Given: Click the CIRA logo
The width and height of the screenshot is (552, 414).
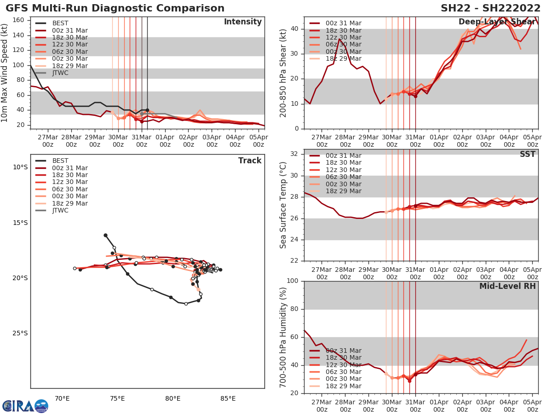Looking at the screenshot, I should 25,406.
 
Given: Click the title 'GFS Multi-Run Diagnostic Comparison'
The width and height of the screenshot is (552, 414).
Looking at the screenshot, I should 115,8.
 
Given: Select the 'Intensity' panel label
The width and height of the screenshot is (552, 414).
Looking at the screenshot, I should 242,22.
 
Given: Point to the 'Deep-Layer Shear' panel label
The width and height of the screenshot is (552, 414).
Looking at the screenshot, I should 497,22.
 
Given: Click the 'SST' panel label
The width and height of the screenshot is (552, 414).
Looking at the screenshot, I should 527,154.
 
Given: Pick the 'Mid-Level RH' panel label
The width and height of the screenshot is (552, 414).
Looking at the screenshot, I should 507,286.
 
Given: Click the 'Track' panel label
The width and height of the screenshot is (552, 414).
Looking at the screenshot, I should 250,161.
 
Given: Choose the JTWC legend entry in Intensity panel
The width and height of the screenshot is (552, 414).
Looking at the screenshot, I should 60,73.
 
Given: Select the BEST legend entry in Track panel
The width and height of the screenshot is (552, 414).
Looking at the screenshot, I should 60,161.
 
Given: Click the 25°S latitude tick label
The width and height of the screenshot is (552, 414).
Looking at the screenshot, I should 19,333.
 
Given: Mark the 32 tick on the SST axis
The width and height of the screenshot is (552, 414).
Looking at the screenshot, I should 296,154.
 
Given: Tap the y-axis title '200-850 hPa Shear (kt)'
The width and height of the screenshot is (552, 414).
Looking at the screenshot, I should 284,73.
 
